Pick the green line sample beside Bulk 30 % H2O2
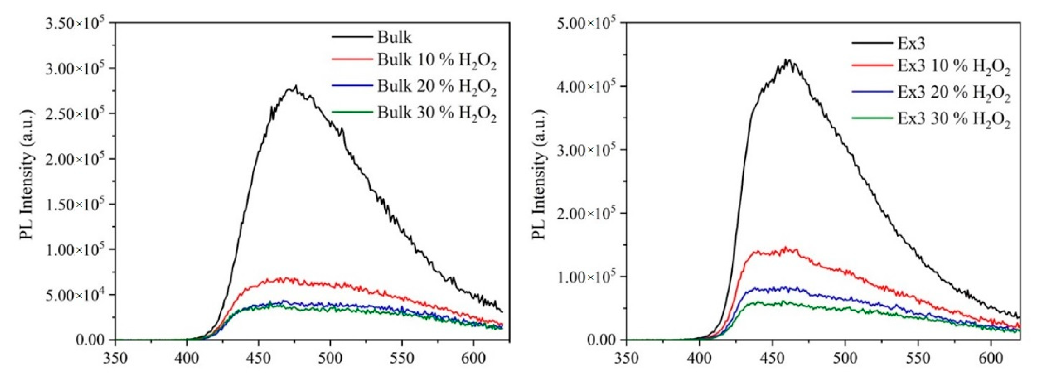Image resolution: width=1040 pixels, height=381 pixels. click(352, 112)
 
